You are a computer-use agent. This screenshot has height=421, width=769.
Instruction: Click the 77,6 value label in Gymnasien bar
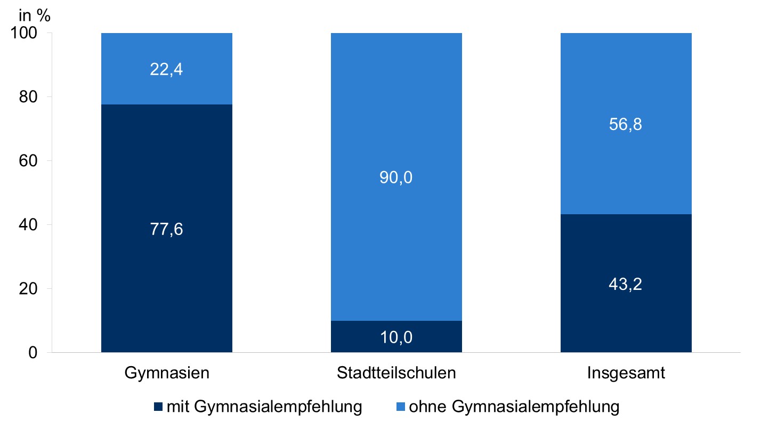[x=167, y=230]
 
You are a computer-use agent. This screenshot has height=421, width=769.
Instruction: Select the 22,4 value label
[x=167, y=70]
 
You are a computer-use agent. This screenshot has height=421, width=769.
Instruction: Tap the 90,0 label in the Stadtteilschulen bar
[x=396, y=177]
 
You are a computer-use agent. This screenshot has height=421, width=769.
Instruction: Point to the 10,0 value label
[x=396, y=337]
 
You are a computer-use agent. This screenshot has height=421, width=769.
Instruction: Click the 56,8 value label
[x=626, y=125]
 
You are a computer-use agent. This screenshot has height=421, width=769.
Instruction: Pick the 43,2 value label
[x=626, y=284]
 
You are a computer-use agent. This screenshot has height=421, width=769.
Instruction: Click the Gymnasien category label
[x=167, y=373]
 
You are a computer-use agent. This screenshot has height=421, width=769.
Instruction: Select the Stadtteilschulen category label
[x=396, y=373]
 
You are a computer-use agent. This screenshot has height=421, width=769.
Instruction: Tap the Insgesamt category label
[x=626, y=373]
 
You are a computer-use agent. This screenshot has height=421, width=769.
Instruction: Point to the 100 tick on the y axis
[x=35, y=33]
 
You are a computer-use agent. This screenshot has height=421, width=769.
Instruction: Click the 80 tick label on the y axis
[x=39, y=97]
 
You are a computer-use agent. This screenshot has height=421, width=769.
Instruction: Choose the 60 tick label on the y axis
[x=39, y=161]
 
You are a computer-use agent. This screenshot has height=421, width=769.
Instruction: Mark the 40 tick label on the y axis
[x=39, y=225]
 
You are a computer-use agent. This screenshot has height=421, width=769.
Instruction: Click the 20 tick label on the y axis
[x=39, y=289]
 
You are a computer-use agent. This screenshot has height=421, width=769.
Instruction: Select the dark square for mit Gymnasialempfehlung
[x=158, y=408]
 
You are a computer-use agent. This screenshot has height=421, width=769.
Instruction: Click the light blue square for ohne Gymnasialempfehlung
[x=400, y=408]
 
